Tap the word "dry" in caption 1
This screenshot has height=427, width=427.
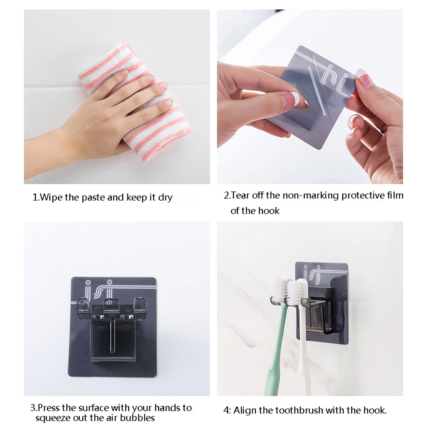pos(165,198)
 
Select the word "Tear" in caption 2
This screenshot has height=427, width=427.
pos(241,195)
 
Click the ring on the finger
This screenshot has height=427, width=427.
pos(384,128)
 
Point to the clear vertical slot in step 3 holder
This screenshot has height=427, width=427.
pos(112,336)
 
